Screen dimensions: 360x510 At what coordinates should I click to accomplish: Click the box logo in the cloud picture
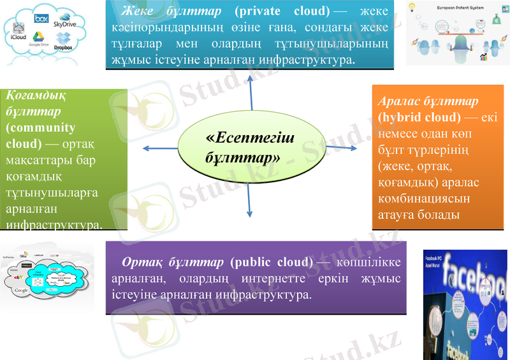click(42, 18)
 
